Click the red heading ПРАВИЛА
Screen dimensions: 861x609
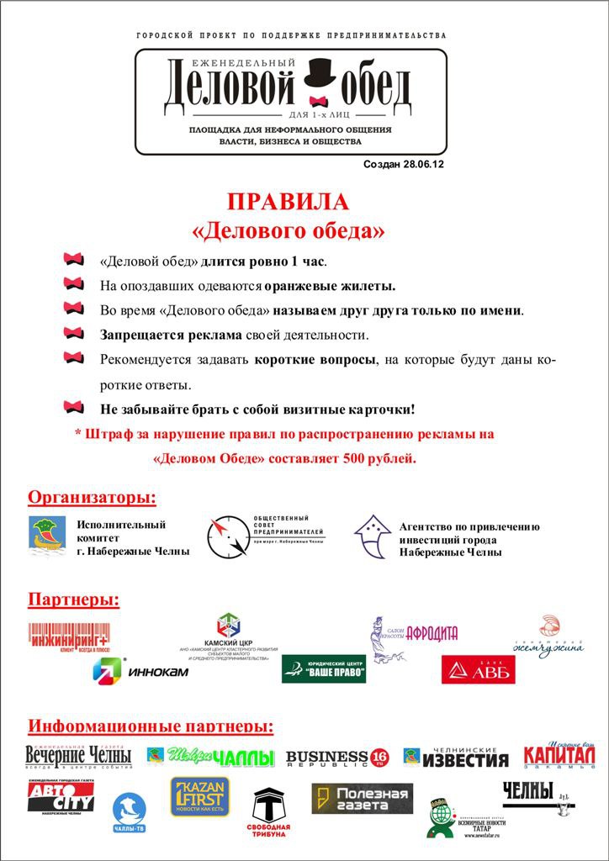(x=288, y=203)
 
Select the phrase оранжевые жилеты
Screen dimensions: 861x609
(x=331, y=285)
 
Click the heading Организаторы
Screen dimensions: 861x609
(x=93, y=497)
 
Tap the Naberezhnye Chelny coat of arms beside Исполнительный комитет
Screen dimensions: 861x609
(x=47, y=536)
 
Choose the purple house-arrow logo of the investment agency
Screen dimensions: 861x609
(x=371, y=536)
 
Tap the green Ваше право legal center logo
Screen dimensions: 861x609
(x=324, y=668)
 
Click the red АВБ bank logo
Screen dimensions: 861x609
(x=479, y=670)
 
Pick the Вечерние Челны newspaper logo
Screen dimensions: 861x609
(x=77, y=756)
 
